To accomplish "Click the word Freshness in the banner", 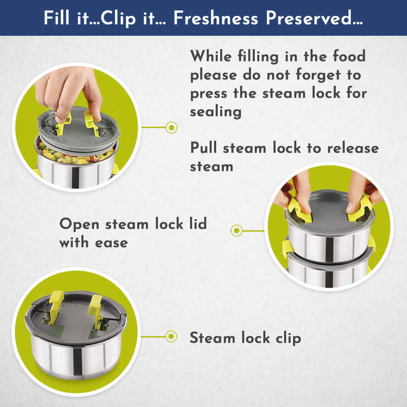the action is point(216,18).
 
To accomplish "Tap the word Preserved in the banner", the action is point(314,18).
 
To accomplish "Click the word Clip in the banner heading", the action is point(118,19).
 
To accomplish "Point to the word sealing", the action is point(216,112).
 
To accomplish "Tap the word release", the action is point(353,148).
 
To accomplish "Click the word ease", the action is point(111,243).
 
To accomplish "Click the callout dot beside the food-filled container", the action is point(171,127).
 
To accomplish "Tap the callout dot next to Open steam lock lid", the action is point(237,230).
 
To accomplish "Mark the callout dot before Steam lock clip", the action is point(171,337).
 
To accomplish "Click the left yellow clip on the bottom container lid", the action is point(56,307).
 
